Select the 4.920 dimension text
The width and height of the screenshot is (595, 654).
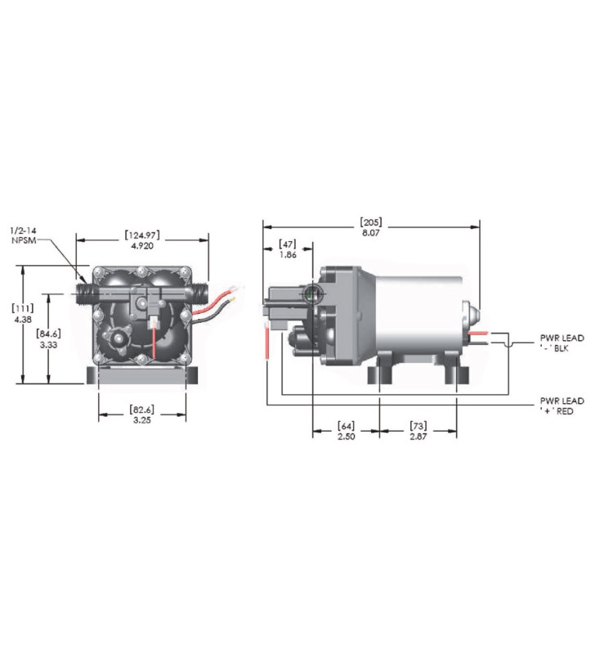142,246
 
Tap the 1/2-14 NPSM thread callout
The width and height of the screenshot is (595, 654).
25,237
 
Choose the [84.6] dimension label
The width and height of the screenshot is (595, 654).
51,334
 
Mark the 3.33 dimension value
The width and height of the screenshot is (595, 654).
51,345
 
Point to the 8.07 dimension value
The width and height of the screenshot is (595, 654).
370,233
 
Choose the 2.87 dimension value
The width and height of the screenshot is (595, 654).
418,438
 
